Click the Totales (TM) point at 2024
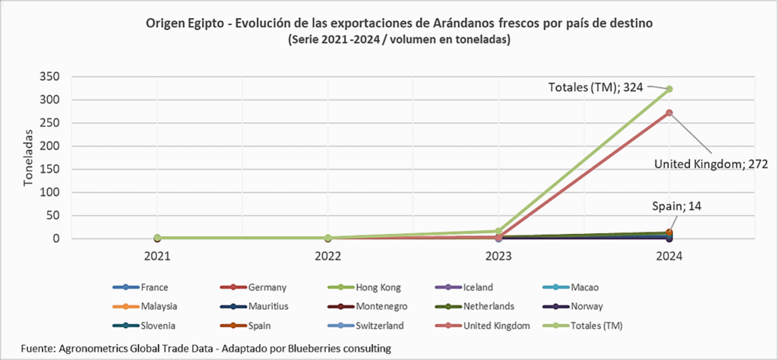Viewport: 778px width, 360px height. pos(669,89)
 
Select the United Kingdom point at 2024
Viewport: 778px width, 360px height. pos(669,113)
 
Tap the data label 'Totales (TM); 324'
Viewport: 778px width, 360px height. pos(596,87)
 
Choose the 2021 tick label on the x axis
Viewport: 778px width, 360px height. pos(157,256)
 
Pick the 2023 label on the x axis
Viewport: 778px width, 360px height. pos(498,256)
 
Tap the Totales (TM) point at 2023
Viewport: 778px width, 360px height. pos(498,231)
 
